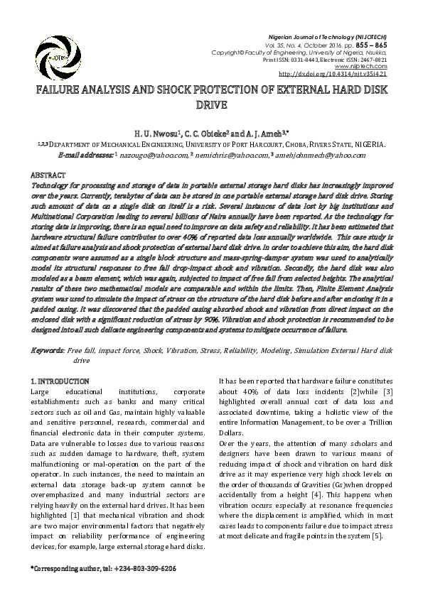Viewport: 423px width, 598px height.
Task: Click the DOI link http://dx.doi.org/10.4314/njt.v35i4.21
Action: coord(333,73)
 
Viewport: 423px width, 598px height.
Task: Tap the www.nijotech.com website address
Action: coord(368,67)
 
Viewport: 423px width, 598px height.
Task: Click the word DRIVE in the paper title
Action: coord(211,105)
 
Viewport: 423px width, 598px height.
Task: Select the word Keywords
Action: coord(48,352)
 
